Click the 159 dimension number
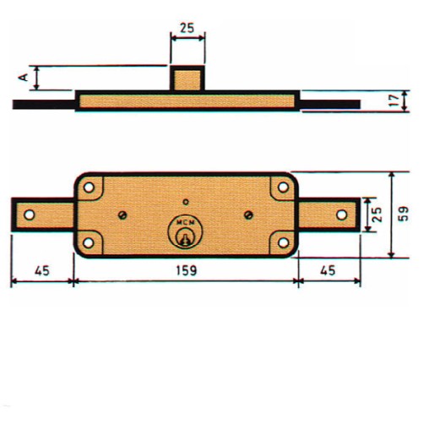click(186, 271)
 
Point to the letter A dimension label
click(24, 78)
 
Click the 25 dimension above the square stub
click(187, 28)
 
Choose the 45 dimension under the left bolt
click(40, 271)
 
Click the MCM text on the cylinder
click(184, 222)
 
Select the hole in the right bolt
click(342, 214)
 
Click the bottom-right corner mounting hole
click(280, 242)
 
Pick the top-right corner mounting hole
click(280, 187)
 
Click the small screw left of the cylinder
click(123, 214)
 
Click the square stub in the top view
click(187, 79)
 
